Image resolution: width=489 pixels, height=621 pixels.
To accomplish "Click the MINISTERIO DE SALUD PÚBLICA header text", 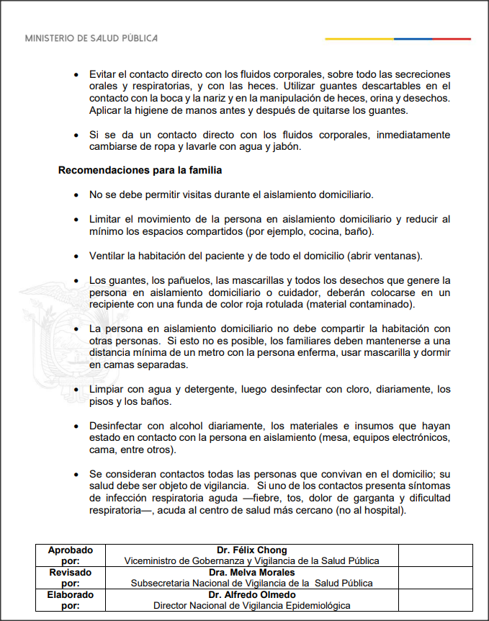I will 91,37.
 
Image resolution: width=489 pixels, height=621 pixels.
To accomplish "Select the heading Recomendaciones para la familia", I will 140,171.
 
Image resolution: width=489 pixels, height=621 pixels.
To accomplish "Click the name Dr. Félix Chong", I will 251,550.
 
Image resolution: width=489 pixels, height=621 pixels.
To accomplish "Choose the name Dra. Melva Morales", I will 251,573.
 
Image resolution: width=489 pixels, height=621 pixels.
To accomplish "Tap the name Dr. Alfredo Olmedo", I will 251,595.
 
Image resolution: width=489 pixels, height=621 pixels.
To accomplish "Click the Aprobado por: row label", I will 71,555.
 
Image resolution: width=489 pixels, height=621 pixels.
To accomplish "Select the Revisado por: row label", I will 71,578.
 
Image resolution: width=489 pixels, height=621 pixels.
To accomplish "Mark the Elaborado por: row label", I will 71,600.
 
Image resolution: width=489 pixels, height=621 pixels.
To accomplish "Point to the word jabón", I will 284,147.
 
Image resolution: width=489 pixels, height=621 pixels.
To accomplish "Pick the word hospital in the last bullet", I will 385,511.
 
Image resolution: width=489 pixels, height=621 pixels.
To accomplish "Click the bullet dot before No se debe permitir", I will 77,195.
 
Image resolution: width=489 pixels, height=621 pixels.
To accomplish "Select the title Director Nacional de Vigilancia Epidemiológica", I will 251,606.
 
